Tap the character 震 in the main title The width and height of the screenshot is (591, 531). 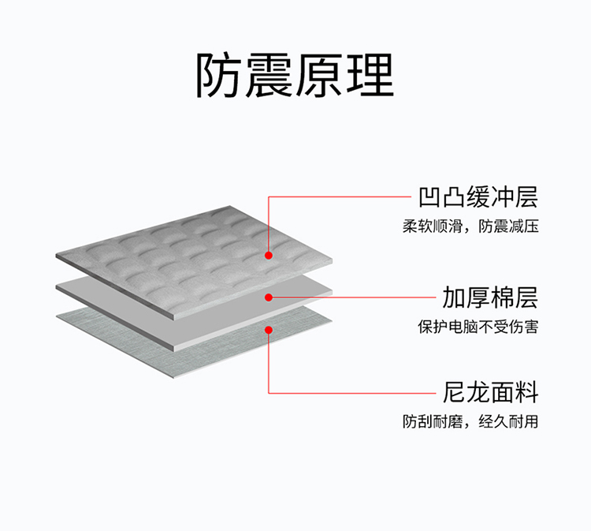pyautogui.click(x=270, y=76)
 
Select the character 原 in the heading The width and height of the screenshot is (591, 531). pyautogui.click(x=320, y=76)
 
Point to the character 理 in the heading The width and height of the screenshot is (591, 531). pyautogui.click(x=370, y=76)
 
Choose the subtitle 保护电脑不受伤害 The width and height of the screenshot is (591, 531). pyautogui.click(x=478, y=326)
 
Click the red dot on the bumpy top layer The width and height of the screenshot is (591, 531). pyautogui.click(x=269, y=256)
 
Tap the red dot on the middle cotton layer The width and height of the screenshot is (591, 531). pyautogui.click(x=269, y=297)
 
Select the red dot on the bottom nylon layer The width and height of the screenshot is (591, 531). pyautogui.click(x=269, y=330)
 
